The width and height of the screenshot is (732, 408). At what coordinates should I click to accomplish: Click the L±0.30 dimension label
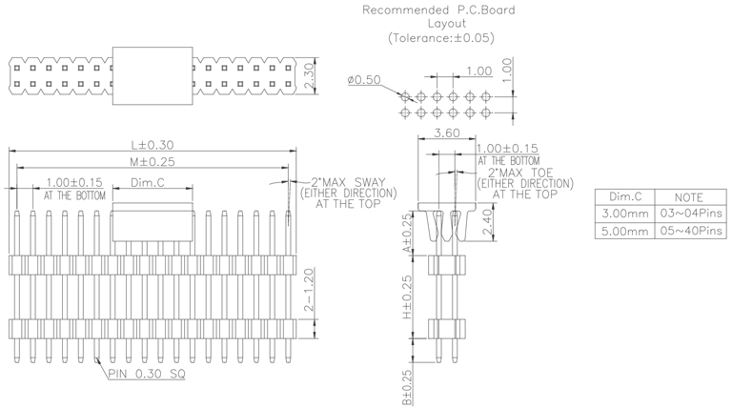click(x=152, y=145)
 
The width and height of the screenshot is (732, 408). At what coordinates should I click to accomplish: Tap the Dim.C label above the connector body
click(x=148, y=183)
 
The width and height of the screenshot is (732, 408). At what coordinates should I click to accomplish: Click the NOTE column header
click(x=692, y=196)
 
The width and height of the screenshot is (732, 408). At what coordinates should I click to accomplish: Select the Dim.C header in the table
click(x=623, y=196)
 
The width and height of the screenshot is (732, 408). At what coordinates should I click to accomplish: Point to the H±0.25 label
click(x=407, y=296)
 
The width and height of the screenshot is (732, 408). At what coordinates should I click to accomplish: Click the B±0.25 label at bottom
click(x=407, y=386)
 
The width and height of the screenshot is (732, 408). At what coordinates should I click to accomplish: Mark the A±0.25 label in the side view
click(x=407, y=232)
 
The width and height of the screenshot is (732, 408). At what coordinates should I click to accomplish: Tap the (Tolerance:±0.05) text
click(x=441, y=38)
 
